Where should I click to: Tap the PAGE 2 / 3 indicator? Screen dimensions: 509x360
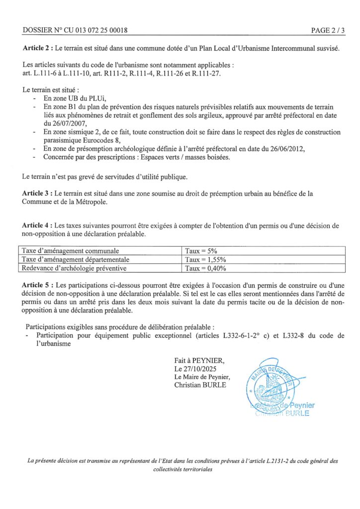(x=328, y=30)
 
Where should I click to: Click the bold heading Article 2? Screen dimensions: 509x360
(x=37, y=49)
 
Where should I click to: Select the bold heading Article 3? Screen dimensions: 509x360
(x=37, y=193)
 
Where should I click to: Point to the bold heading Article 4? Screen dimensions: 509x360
(x=37, y=226)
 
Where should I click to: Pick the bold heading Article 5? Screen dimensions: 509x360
(x=37, y=286)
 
